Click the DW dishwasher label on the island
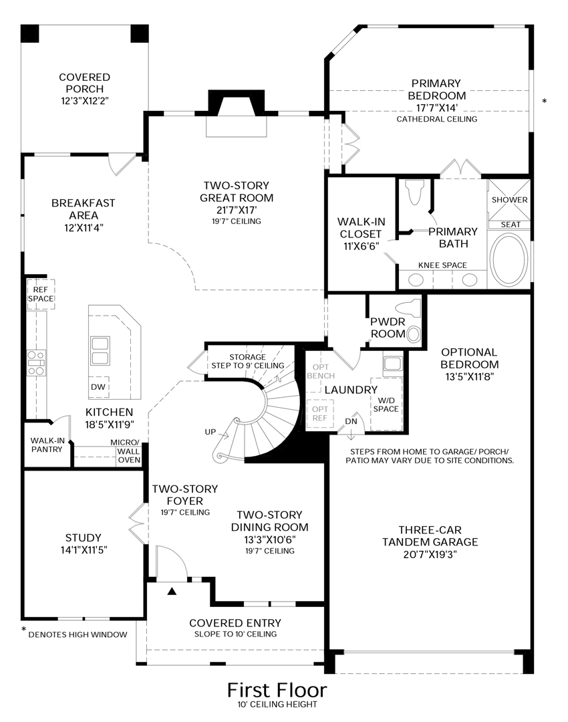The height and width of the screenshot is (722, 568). tap(98, 388)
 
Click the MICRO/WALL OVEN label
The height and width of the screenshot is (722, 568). tap(125, 451)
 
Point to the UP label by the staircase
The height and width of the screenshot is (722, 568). tap(211, 432)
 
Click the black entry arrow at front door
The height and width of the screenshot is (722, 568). tap(172, 591)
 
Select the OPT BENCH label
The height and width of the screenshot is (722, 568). tap(318, 372)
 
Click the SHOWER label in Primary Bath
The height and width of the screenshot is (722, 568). tap(509, 200)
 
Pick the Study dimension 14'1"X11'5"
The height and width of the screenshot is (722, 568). tap(84, 550)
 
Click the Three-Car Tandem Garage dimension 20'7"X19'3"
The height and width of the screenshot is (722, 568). tap(430, 554)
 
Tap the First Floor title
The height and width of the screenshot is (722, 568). tap(277, 689)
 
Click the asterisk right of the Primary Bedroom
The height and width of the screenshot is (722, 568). tap(545, 102)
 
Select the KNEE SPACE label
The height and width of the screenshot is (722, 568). tap(442, 265)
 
